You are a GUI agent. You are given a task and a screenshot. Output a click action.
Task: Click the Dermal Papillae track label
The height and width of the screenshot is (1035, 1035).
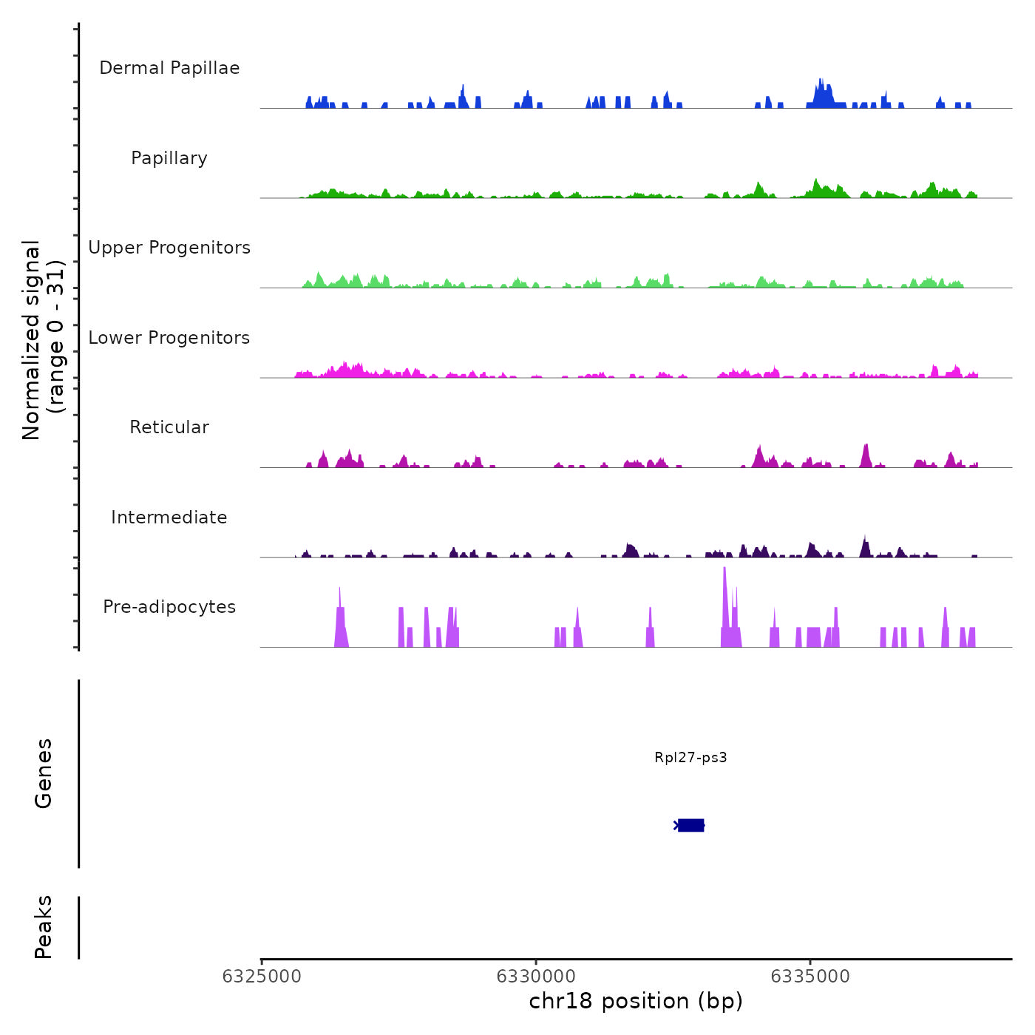(169, 68)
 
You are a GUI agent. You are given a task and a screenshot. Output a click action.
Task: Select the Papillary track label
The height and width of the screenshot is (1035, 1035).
(169, 158)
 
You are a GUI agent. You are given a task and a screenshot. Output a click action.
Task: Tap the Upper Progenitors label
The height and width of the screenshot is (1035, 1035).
(169, 248)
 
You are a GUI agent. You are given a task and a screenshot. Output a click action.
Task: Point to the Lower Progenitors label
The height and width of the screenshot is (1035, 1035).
(169, 338)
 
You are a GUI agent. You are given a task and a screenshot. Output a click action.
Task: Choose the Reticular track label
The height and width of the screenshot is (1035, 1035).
(169, 427)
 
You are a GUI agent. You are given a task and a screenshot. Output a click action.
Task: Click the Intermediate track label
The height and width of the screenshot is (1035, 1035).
(169, 517)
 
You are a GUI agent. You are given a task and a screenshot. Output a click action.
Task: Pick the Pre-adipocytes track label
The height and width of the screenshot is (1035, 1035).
(169, 607)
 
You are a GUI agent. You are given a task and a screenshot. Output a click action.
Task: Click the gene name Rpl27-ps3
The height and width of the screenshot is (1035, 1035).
(690, 757)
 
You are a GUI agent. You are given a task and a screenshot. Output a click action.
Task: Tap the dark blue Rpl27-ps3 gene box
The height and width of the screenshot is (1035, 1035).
(690, 825)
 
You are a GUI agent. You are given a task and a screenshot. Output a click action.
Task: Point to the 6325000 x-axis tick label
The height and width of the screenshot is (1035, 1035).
(262, 977)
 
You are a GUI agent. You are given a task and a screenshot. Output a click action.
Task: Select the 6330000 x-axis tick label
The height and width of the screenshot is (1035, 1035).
(536, 977)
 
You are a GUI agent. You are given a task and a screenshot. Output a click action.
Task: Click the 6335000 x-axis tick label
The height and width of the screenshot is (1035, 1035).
(810, 977)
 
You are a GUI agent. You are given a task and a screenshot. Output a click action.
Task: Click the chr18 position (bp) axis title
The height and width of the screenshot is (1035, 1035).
(636, 1001)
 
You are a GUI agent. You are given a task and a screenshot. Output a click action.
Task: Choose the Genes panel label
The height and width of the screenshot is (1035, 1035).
(44, 773)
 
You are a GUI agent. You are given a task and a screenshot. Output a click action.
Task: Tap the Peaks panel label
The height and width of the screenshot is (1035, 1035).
(44, 927)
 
